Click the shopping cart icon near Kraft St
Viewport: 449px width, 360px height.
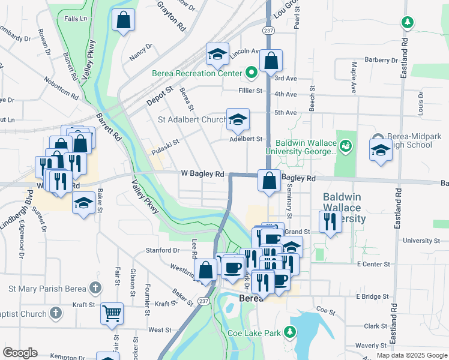pyautogui.click(x=112, y=313)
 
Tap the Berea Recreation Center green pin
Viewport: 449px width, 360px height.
pyautogui.click(x=252, y=73)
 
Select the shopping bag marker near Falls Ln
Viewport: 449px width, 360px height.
pyautogui.click(x=124, y=20)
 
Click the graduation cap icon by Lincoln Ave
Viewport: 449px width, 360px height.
pyautogui.click(x=217, y=55)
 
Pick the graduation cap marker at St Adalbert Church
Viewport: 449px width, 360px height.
pyautogui.click(x=238, y=119)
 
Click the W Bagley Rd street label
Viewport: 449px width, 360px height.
pyautogui.click(x=203, y=174)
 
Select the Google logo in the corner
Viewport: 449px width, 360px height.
pyautogui.click(x=19, y=353)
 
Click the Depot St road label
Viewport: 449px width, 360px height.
pyautogui.click(x=160, y=97)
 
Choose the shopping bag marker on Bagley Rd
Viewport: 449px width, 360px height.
pyautogui.click(x=269, y=179)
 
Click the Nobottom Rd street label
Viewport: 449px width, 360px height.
pyautogui.click(x=61, y=88)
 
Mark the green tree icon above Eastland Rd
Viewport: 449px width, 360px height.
pyautogui.click(x=408, y=23)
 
